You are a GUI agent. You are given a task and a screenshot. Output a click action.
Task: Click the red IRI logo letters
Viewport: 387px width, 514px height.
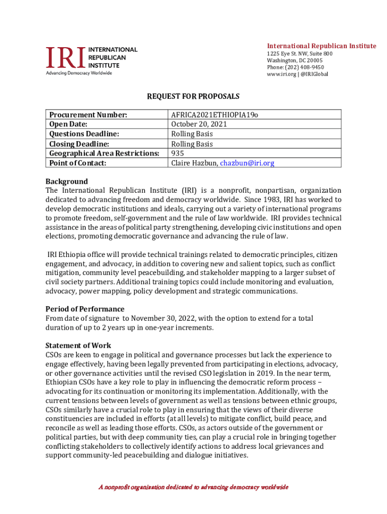point(66,58)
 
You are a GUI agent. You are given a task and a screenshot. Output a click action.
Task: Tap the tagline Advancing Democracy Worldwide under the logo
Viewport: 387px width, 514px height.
point(79,73)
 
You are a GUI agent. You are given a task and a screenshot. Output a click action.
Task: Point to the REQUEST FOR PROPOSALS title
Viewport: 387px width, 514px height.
point(193,96)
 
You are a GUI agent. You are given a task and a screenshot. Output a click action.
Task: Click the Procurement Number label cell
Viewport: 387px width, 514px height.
point(88,115)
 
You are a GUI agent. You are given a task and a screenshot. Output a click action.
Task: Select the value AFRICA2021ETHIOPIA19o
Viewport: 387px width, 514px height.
point(215,115)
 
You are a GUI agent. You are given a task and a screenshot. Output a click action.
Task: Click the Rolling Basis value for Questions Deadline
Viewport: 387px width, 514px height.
point(191,134)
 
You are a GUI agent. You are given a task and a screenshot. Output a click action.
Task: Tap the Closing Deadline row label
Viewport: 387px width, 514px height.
point(79,144)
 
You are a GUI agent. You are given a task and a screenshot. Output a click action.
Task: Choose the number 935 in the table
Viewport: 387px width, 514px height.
point(177,153)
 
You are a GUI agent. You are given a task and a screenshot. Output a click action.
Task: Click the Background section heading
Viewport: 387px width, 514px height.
point(66,181)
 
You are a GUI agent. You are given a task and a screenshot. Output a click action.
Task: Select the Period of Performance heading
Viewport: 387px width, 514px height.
point(85,309)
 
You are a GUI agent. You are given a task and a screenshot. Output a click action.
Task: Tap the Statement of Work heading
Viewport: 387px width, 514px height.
point(78,345)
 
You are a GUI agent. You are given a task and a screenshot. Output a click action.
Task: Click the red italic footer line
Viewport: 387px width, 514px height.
point(193,487)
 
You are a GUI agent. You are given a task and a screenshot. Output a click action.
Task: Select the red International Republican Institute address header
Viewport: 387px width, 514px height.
point(321,46)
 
